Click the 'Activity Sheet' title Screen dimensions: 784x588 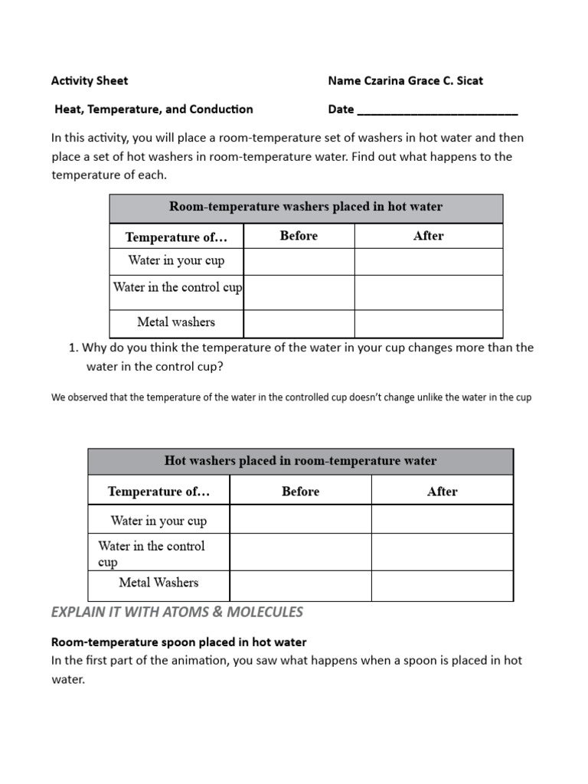point(90,80)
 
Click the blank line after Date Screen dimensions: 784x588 point(437,109)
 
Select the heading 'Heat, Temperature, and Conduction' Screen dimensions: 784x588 point(153,109)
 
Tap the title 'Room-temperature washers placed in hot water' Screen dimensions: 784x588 point(305,207)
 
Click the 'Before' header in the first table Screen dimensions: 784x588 point(299,236)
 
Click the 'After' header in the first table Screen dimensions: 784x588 point(428,236)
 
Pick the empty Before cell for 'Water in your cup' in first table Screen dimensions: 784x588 point(299,261)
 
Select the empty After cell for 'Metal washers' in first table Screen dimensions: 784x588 point(428,322)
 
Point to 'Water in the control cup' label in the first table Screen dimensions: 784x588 point(177,288)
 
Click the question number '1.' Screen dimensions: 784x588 point(73,348)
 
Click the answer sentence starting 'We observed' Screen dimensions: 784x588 point(291,397)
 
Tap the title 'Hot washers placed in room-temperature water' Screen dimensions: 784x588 point(300,461)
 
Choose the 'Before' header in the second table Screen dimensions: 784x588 point(300,492)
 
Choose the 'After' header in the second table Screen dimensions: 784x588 point(442,492)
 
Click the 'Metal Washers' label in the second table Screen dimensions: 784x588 point(158,583)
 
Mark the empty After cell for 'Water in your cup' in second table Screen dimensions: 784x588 point(442,520)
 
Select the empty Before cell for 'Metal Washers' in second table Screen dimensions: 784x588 point(300,586)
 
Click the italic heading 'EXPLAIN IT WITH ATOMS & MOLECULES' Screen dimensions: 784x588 point(177,612)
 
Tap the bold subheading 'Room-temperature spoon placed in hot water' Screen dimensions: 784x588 point(178,642)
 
